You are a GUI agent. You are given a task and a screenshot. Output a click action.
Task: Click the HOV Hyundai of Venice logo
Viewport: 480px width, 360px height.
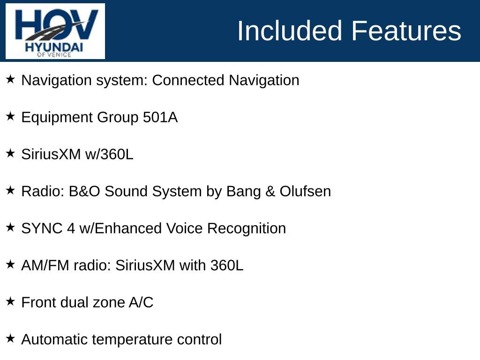point(55,31)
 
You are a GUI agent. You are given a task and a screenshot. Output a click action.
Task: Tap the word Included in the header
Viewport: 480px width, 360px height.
point(289,30)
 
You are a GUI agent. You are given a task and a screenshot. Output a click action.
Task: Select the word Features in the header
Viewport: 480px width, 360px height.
point(406,30)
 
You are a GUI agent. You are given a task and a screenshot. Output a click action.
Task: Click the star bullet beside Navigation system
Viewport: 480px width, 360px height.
point(10,79)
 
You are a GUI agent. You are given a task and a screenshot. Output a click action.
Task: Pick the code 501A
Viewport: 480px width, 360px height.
point(160,117)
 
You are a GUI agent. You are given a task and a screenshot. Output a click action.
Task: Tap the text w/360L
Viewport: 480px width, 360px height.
point(109,154)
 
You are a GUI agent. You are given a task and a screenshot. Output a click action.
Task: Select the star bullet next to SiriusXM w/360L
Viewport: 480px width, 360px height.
point(10,153)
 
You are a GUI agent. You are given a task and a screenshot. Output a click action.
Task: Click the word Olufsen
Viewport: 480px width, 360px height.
point(305,191)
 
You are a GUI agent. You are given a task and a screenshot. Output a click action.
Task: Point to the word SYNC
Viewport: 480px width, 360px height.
point(42,228)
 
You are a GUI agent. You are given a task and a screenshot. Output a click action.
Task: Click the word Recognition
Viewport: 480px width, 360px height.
point(247,229)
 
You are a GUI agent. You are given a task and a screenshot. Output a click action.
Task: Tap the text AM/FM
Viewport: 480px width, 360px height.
point(45,265)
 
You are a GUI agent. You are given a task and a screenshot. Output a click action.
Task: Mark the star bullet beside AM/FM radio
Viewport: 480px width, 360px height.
point(10,264)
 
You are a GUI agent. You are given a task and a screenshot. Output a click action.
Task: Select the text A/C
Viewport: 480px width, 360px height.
point(141,302)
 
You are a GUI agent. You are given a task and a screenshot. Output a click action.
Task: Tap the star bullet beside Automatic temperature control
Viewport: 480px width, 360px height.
point(10,338)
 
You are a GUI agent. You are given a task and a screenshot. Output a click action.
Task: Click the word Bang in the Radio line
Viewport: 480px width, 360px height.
point(243,192)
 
